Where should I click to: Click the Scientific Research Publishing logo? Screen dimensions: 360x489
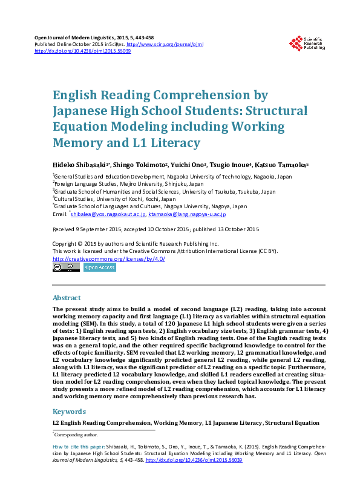pos(308,43)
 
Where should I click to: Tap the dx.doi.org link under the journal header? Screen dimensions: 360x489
pos(83,51)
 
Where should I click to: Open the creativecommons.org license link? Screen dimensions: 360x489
pos(108,259)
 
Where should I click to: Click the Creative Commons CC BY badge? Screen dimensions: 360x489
pos(66,267)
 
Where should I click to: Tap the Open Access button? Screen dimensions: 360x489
pos(99,267)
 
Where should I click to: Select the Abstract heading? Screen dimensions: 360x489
pos(67,298)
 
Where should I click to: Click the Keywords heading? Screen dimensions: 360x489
pos(69,412)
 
